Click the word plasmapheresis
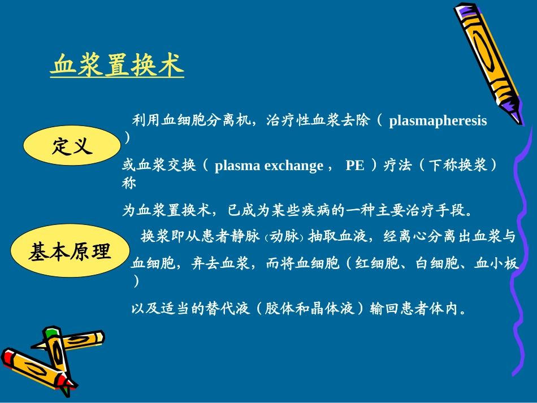(x=438, y=120)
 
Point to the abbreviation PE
(x=355, y=166)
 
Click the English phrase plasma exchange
(x=269, y=166)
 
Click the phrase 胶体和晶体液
(x=310, y=309)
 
